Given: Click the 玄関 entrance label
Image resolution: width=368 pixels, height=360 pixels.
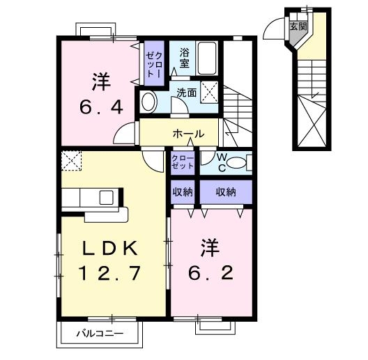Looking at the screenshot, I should click(298, 26).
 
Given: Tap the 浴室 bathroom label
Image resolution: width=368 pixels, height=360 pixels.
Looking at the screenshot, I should click(184, 57).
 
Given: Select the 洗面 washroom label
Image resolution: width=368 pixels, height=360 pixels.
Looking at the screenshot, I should click(185, 91).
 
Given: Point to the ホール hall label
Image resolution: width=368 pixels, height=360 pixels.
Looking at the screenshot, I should click(189, 134).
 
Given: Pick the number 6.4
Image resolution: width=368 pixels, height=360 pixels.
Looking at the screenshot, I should click(100, 107).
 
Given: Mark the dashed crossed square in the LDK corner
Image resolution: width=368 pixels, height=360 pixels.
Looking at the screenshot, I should click(71, 161).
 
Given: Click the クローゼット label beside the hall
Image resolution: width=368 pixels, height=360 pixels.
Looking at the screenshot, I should click(183, 162).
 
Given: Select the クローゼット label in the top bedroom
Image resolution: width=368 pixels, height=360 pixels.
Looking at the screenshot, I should click(154, 58).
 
